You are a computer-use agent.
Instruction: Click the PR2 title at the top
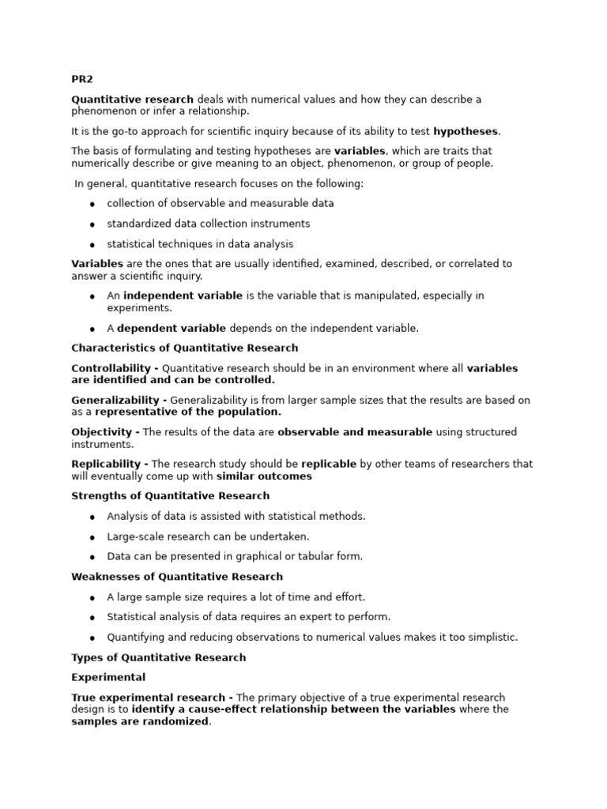81,79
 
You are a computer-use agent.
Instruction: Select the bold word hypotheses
466,131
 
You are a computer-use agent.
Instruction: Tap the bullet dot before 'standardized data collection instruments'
92,224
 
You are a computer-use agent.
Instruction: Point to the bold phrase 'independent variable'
183,295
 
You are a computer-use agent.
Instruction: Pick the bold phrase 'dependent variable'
172,328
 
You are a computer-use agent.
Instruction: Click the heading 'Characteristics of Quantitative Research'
185,348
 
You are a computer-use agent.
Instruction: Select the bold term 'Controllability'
111,368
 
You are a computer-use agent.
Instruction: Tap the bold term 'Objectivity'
101,432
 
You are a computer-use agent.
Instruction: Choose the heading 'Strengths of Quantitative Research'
171,496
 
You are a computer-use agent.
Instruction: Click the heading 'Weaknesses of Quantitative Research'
177,577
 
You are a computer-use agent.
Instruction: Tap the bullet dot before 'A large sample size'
92,597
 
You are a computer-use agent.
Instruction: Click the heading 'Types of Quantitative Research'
159,657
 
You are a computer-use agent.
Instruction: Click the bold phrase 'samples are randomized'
140,721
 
